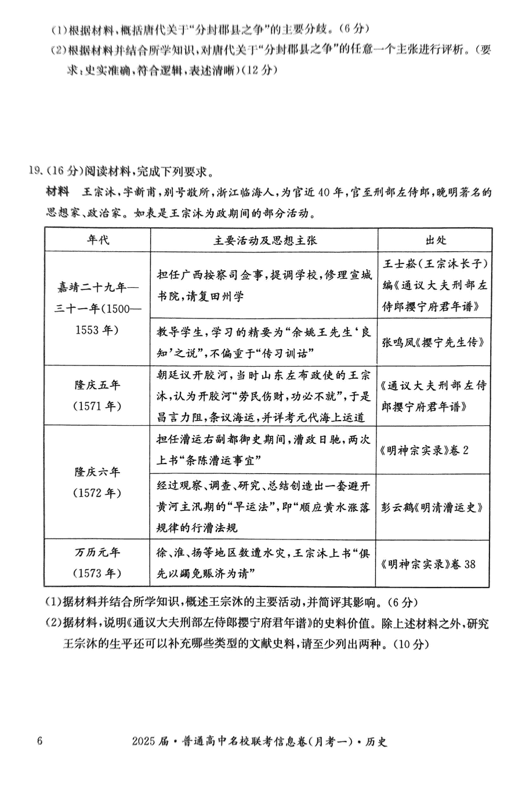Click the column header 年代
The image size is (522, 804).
click(97, 240)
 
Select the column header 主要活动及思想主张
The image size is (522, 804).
click(265, 240)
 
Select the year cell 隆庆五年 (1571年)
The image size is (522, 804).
click(97, 395)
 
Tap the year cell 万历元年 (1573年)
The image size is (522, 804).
click(97, 563)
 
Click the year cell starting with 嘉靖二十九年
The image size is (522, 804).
click(97, 309)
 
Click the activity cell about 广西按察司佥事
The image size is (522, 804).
click(265, 285)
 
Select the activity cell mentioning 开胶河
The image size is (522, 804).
click(265, 395)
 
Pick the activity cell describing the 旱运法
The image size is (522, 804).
click(265, 506)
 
